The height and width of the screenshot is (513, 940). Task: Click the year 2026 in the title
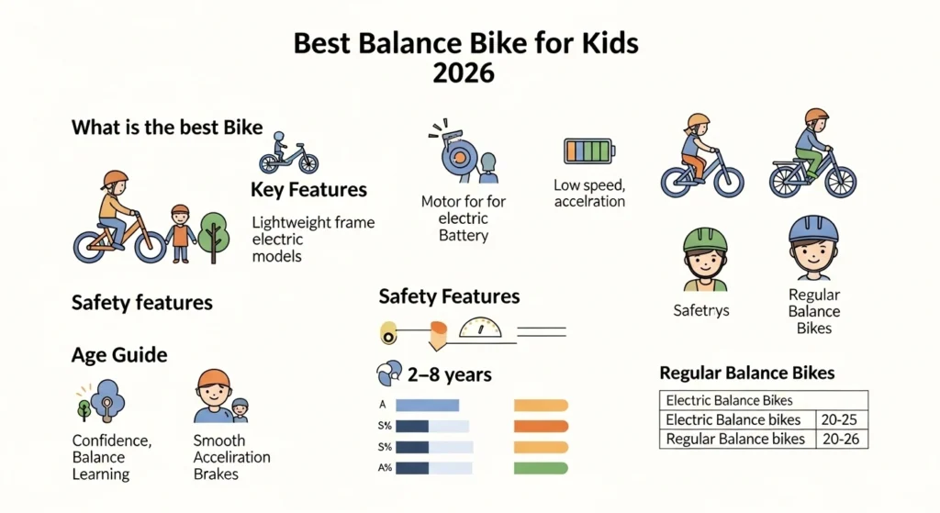coord(463,72)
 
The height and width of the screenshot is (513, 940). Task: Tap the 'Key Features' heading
coord(308,190)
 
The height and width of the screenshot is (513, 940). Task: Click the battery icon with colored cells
coord(587,151)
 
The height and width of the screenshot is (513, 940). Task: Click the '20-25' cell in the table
coord(843,419)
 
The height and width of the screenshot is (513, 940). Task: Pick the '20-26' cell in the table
coord(843,439)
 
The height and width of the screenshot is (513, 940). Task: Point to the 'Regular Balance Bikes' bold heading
coord(747,373)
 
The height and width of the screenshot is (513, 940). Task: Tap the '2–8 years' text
coord(449,374)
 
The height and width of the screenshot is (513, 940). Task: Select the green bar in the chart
coord(541,468)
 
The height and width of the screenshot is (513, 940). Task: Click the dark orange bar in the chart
coord(541,426)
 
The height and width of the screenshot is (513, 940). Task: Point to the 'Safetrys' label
coord(701,310)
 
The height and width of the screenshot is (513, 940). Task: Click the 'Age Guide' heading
coord(119,354)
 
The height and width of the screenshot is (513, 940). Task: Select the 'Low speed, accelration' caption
coord(589,193)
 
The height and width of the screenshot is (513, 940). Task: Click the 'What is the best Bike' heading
coord(167,128)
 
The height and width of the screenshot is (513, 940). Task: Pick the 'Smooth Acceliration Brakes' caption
coord(231,457)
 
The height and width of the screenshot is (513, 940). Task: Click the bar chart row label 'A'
coord(382,405)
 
